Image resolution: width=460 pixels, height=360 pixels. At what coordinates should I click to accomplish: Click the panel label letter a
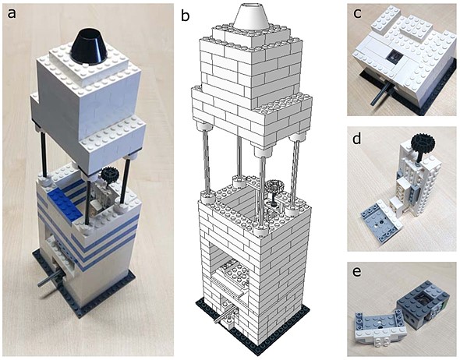[x=12, y=13]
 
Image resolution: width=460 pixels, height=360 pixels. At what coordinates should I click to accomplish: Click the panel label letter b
[x=186, y=16]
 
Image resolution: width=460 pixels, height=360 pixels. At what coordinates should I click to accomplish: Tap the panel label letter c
[x=357, y=14]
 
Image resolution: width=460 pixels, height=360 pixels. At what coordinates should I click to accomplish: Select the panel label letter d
[x=357, y=139]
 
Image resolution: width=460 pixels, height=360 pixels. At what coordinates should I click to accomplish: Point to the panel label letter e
[x=357, y=272]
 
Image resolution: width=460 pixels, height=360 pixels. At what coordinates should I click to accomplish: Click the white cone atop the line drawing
[x=251, y=16]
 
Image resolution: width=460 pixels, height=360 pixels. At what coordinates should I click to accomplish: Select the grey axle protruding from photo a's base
[x=51, y=280]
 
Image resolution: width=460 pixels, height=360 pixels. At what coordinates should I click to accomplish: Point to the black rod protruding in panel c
[x=380, y=93]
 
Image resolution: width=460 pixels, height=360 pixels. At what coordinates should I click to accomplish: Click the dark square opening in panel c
[x=395, y=57]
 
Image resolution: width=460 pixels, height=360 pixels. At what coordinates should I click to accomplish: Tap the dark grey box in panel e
[x=422, y=305]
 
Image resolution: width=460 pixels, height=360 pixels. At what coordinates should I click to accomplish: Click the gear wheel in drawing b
[x=274, y=187]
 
